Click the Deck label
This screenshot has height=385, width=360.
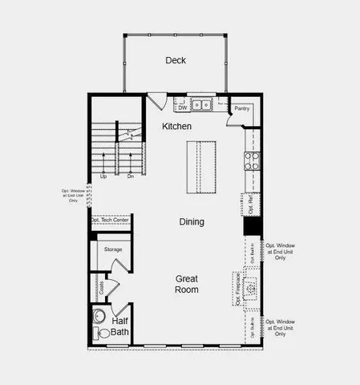coord(176,60)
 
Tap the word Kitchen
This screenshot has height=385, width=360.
coord(176,127)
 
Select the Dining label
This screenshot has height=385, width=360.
coord(191,221)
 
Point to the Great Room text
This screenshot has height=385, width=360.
coord(188,284)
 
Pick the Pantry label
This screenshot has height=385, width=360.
coord(241,107)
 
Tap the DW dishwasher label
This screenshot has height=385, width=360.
coord(183,106)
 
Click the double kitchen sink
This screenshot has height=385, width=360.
coord(202,104)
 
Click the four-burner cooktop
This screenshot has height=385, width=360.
coord(252,159)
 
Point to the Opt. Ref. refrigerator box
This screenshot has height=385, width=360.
coord(250,205)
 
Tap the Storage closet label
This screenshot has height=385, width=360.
coord(113,249)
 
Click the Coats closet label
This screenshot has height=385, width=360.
coord(102,286)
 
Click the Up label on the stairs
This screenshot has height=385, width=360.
coord(103,176)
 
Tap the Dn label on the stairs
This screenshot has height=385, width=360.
coord(130,176)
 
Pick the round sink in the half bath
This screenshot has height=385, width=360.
coord(99,315)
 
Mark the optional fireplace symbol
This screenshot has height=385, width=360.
coord(249,286)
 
